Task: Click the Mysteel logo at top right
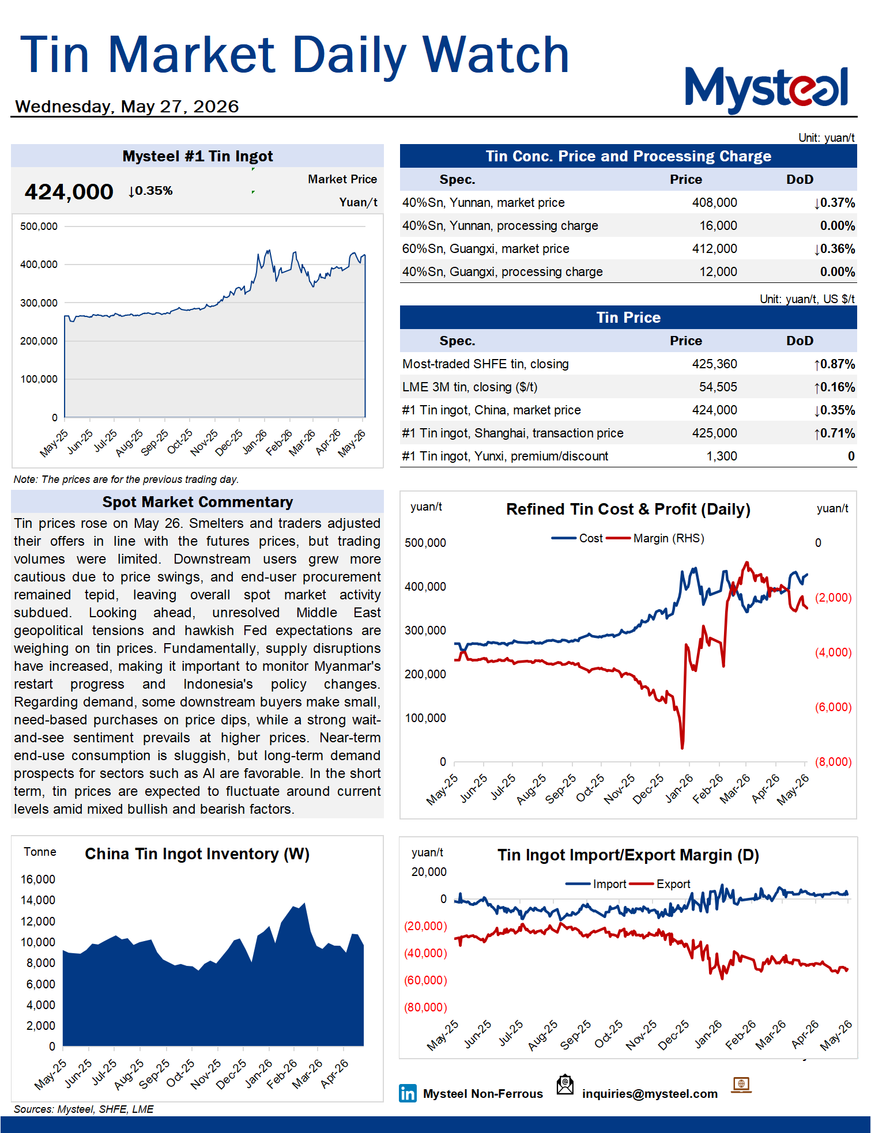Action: coord(766,89)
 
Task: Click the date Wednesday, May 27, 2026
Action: coord(127,107)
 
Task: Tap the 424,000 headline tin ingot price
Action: coord(69,192)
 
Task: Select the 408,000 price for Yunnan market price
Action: coord(714,203)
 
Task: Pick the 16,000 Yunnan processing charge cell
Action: coord(718,226)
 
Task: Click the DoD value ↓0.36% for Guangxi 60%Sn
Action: coord(834,249)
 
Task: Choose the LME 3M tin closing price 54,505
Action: coord(718,387)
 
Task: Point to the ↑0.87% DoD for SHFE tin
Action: coord(834,364)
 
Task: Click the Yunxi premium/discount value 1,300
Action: coord(722,456)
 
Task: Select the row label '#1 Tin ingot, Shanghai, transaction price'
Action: coord(512,433)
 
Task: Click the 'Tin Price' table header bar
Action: coord(628,318)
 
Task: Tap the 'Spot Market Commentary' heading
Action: coord(198,502)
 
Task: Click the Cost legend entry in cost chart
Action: coord(577,538)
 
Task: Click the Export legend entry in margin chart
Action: coord(660,884)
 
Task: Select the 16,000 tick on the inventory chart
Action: coord(38,879)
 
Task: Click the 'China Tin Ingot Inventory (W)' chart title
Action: coord(197,854)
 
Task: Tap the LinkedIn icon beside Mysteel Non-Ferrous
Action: coord(408,1093)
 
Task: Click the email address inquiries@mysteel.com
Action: coord(650,1094)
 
